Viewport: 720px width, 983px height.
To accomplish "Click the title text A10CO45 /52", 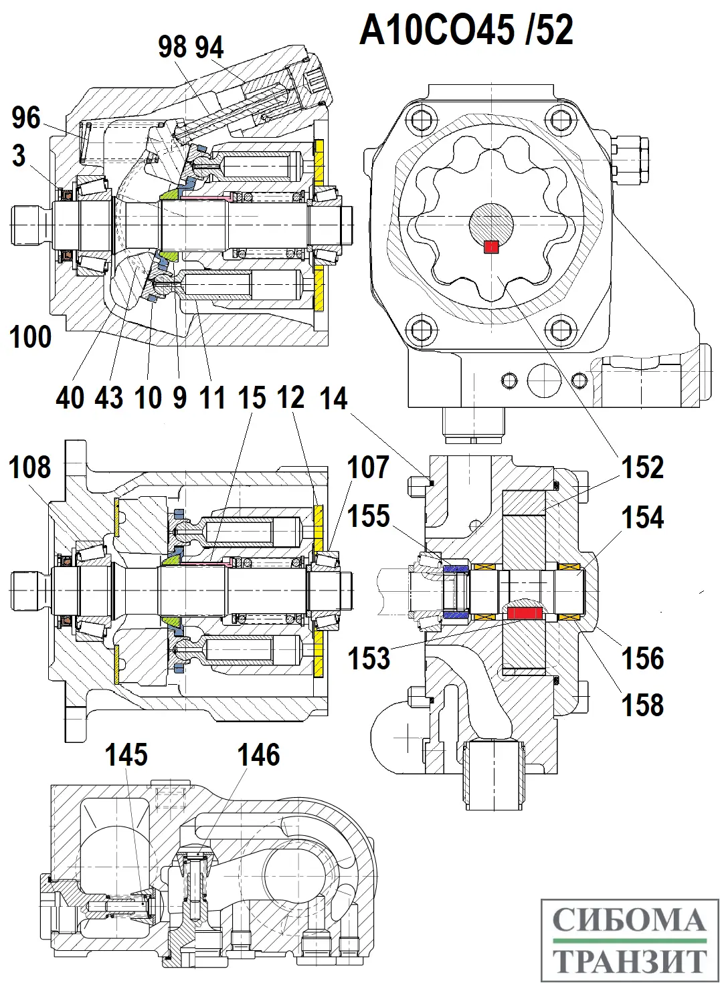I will point(466,31).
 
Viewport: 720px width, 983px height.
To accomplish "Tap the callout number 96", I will point(27,118).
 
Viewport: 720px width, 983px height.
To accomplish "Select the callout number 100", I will point(31,336).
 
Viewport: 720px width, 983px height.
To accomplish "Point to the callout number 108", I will point(29,467).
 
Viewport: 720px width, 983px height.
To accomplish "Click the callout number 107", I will point(368,467).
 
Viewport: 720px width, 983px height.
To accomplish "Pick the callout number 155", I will point(369,516).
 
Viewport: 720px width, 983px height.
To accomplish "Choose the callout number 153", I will point(369,658).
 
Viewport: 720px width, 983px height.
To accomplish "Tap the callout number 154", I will point(642,518).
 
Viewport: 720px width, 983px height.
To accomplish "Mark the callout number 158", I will point(642,705).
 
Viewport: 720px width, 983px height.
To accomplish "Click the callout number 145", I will point(126,755).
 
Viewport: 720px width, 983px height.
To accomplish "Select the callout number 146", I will point(258,755).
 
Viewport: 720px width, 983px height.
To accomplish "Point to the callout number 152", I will point(642,467).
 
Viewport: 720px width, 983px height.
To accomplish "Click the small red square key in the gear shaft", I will point(491,247).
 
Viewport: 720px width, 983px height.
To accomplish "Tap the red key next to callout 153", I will point(524,611).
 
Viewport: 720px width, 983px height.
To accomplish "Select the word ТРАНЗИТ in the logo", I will point(630,960).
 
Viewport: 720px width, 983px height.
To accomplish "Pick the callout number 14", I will point(334,399).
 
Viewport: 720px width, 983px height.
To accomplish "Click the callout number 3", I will point(19,156).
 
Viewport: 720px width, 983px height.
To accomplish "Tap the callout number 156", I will point(642,658).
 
